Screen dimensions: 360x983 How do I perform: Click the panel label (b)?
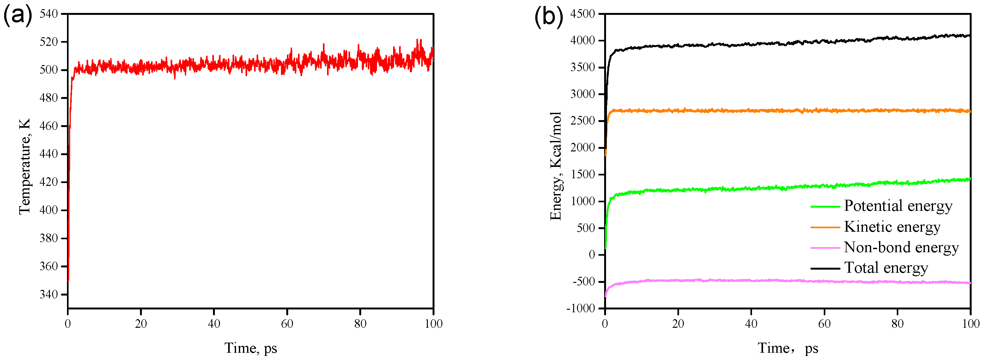[548, 16]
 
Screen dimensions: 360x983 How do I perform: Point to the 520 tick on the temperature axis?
[48, 42]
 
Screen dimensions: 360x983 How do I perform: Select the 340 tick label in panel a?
[48, 294]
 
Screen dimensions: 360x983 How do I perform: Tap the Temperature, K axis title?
[24, 167]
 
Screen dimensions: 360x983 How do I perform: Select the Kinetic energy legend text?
[892, 227]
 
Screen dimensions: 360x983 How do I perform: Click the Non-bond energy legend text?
[901, 247]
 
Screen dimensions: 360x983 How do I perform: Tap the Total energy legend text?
[886, 268]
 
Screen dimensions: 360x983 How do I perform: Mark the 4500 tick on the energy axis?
[582, 14]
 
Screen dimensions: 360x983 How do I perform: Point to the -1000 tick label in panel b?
[580, 308]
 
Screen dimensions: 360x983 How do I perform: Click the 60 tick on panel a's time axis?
[287, 324]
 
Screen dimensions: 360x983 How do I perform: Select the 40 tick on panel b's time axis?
[751, 324]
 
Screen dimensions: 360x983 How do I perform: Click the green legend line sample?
[825, 206]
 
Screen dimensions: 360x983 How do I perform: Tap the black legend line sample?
[825, 268]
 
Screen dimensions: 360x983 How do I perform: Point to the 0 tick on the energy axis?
[592, 255]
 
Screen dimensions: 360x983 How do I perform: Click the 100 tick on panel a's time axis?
[433, 324]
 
